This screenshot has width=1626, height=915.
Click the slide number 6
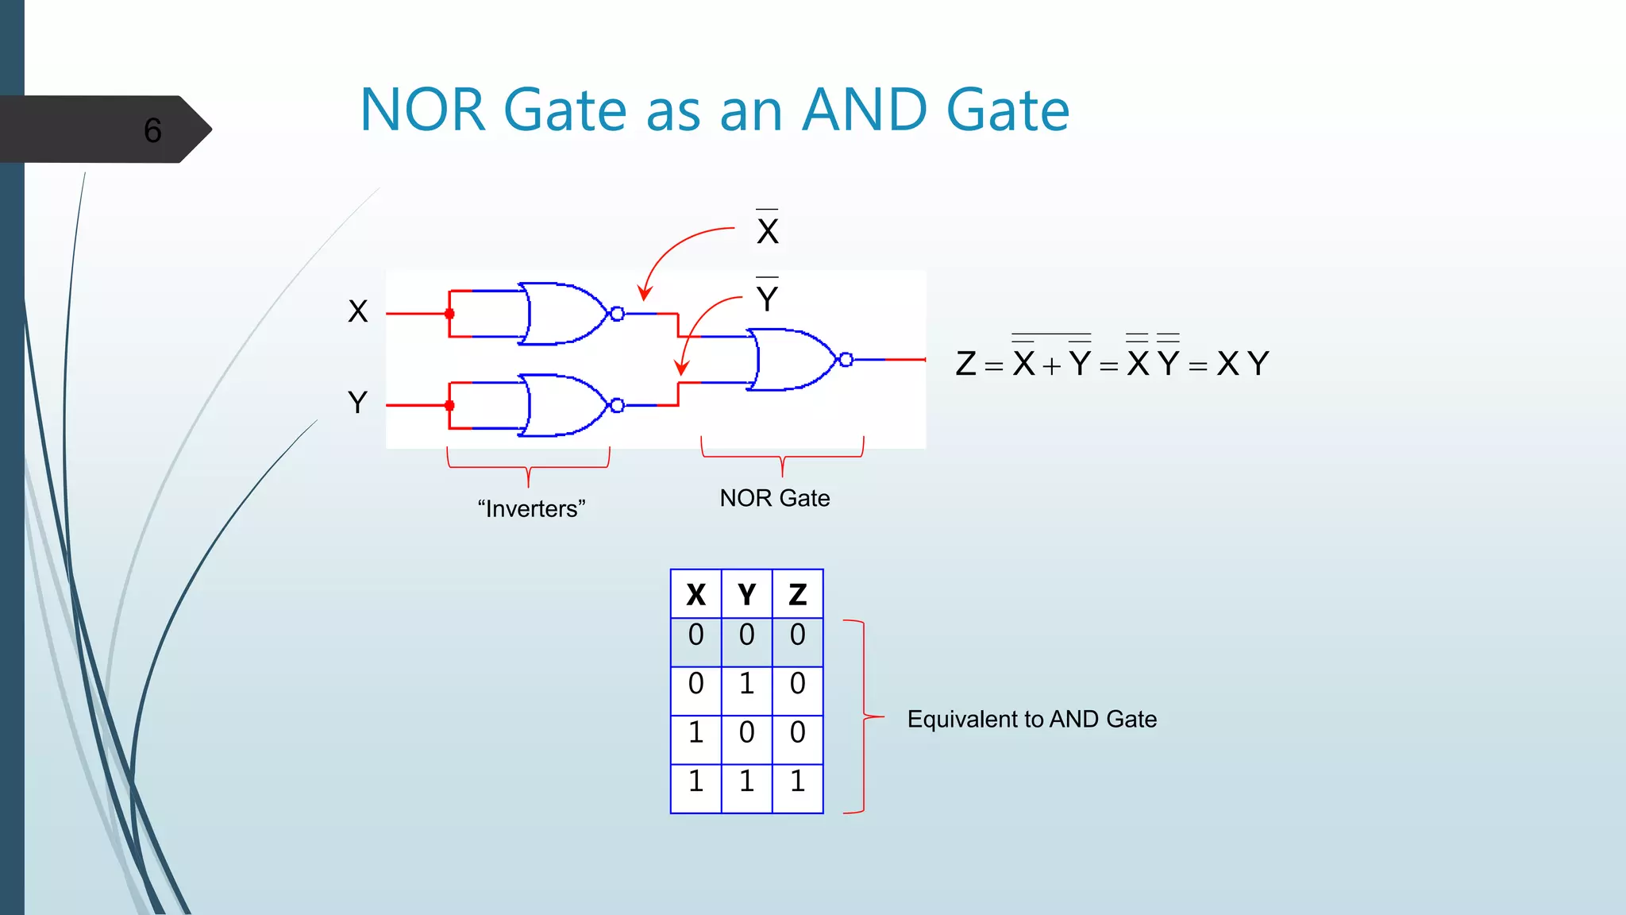click(x=152, y=130)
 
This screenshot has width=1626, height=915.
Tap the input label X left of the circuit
click(x=358, y=311)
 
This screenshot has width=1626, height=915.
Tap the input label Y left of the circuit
click(x=358, y=403)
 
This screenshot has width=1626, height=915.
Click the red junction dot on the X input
click(x=449, y=314)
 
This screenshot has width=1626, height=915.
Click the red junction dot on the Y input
click(x=449, y=406)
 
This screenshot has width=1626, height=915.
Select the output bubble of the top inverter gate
click(x=617, y=314)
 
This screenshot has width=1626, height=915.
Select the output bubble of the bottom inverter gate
click(x=617, y=406)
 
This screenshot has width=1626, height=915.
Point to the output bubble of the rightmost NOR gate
click(x=846, y=360)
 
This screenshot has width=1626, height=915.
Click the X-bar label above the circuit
click(x=768, y=230)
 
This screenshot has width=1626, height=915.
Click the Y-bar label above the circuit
click(x=767, y=299)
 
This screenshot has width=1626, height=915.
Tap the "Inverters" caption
click(x=531, y=508)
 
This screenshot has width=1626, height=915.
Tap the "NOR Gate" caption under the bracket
click(x=775, y=498)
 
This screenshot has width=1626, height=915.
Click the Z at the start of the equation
click(x=965, y=364)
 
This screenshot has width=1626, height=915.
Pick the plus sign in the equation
click(x=1051, y=366)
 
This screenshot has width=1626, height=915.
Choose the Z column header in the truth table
click(x=797, y=594)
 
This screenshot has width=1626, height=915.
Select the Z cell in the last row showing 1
click(x=797, y=782)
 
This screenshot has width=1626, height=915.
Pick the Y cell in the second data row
click(x=746, y=684)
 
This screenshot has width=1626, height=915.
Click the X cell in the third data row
click(x=695, y=732)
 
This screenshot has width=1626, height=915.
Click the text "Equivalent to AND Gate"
click(x=1031, y=719)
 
